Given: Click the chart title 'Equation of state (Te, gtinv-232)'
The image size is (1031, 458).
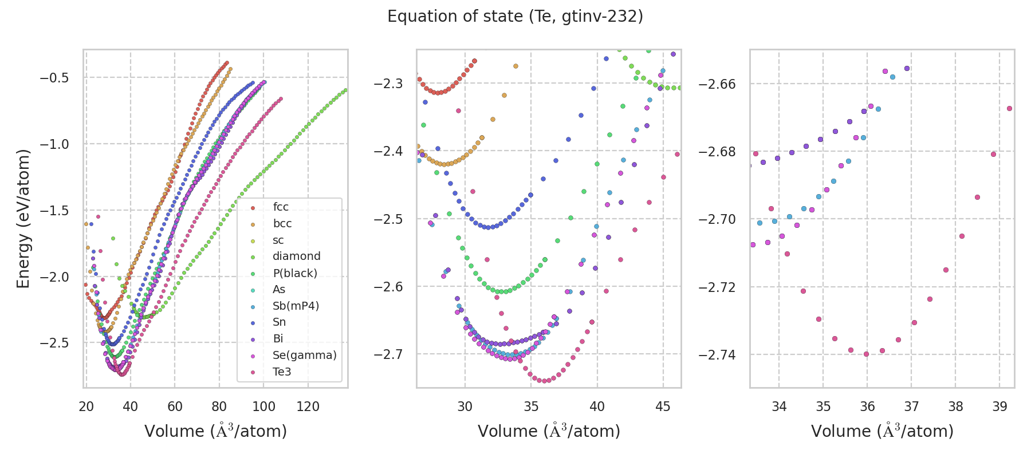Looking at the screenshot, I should coord(515,17).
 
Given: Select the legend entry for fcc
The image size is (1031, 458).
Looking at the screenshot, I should coord(281,207).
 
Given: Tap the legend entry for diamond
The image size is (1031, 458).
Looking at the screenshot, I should coord(296,256).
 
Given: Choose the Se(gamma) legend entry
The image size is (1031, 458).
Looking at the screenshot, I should coord(304,356).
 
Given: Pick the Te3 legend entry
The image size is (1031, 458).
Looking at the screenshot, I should coord(282,372).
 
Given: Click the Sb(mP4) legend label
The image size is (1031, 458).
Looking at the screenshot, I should coord(296,306).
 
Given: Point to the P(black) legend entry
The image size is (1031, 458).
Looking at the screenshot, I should coord(294,273).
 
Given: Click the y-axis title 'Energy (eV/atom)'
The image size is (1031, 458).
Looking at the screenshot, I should coord(23,219).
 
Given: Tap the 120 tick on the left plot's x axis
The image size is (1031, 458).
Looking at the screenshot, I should coord(308,406).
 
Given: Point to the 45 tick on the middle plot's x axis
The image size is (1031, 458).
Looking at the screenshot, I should coord(663,406).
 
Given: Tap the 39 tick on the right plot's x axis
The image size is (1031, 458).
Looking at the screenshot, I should coord(999,406).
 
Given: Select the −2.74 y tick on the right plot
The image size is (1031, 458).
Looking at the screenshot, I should coord(716,355).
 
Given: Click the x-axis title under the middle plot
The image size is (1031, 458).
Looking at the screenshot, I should coord(549,431).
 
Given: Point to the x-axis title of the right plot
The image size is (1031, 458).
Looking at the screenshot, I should coord(882,431).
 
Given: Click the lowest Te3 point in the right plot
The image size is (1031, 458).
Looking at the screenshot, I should coord(866,354).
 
